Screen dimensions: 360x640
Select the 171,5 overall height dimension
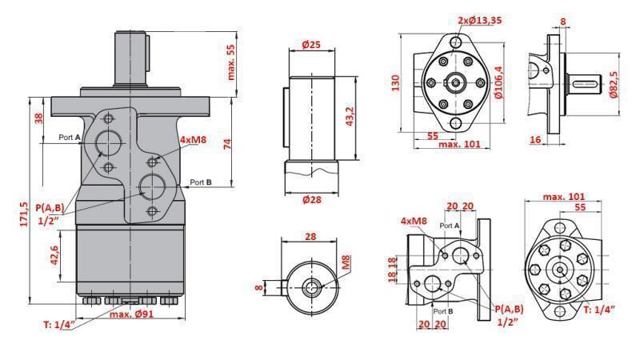click(x=23, y=213)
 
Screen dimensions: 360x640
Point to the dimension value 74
click(x=227, y=144)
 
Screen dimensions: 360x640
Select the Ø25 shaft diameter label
click(x=311, y=45)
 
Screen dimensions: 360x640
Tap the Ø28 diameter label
click(x=311, y=199)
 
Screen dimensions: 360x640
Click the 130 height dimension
click(x=394, y=83)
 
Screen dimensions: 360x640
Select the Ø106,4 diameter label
click(x=499, y=82)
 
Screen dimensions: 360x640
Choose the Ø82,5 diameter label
click(x=613, y=82)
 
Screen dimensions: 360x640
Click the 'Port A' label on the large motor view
click(x=70, y=138)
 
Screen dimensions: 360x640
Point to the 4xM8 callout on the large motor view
click(x=194, y=139)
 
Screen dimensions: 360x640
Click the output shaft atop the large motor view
click(x=133, y=56)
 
